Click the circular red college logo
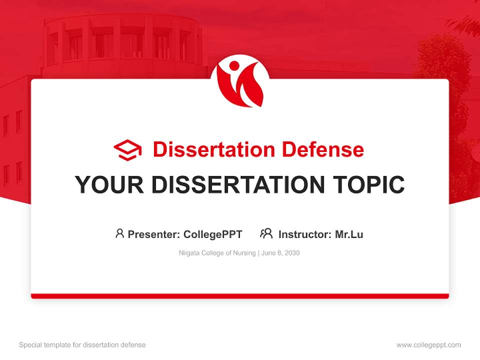[240, 81]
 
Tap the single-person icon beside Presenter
[119, 233]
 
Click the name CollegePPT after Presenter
[212, 234]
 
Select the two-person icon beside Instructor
[266, 233]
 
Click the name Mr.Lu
[349, 234]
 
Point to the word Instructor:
[305, 234]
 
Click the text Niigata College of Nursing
[217, 253]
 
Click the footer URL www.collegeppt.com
[428, 345]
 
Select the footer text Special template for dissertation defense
[82, 345]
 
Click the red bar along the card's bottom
[240, 296]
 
